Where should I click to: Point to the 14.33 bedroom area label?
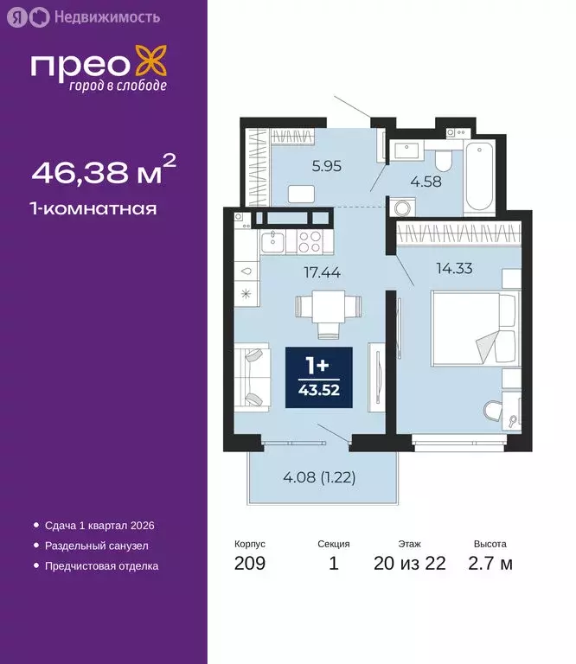point(431,268)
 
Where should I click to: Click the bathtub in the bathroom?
point(477,179)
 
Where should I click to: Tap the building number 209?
point(250,565)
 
